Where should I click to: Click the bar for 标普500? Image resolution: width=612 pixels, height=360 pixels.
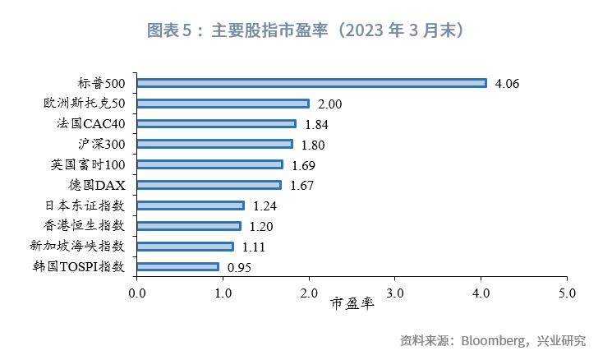(x=311, y=83)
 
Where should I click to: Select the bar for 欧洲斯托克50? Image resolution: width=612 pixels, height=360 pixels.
(x=223, y=104)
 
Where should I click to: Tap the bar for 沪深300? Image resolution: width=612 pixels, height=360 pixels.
(x=214, y=144)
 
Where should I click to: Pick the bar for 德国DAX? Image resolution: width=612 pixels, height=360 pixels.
(x=209, y=185)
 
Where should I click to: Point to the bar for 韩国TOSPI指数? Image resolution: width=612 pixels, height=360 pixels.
(x=177, y=266)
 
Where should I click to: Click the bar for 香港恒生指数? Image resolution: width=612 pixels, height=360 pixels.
(x=188, y=225)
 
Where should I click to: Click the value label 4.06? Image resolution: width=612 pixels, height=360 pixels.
(x=508, y=84)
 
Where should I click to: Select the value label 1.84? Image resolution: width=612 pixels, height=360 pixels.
(x=317, y=124)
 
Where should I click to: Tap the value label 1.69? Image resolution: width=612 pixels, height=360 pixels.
(x=305, y=165)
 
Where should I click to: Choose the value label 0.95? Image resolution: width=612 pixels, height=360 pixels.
(x=239, y=267)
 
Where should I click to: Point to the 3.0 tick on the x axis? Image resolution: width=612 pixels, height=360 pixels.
(x=395, y=292)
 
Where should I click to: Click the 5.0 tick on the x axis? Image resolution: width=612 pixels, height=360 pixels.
(x=567, y=292)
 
